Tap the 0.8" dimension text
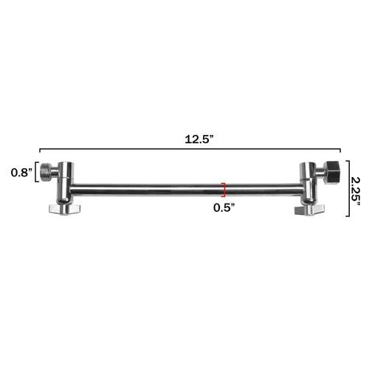[20, 173]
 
